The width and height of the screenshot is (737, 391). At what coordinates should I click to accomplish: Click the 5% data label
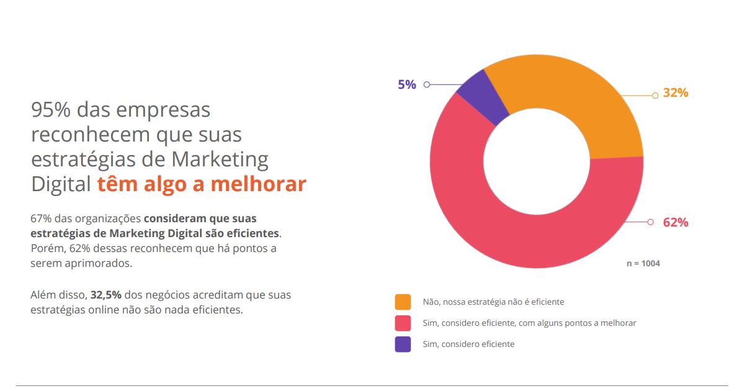(407, 84)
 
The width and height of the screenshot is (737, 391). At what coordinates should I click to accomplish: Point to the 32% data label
(676, 93)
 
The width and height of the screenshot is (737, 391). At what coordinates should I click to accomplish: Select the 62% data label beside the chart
(676, 222)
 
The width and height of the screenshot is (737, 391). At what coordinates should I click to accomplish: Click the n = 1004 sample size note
(643, 263)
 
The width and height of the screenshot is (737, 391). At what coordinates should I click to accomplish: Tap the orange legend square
(403, 302)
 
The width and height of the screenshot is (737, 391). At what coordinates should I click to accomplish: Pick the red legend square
(403, 323)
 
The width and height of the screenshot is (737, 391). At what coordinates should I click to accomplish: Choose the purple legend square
(403, 344)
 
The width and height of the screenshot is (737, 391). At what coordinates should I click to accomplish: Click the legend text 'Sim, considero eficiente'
(468, 344)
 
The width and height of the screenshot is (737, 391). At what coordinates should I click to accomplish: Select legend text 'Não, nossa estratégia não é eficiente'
(493, 302)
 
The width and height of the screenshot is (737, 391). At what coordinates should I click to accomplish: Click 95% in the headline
(51, 110)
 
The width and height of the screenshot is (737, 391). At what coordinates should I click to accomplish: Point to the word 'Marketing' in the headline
(220, 160)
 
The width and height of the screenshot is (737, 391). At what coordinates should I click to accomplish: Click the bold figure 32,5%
(105, 295)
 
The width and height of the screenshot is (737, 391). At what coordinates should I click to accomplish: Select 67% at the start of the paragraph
(41, 219)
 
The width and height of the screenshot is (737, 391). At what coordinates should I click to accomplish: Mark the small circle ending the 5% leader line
(426, 84)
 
